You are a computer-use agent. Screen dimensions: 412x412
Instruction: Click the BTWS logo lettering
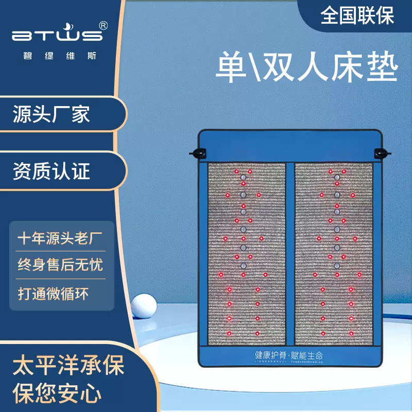coord(57,36)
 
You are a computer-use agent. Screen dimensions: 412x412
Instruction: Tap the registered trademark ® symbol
coord(103,25)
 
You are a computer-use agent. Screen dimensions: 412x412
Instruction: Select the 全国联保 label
coord(357,15)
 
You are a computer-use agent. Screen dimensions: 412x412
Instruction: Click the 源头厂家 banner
coord(51,114)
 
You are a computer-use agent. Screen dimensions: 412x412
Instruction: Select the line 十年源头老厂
coord(60,238)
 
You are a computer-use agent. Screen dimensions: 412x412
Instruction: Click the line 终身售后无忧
coord(60,265)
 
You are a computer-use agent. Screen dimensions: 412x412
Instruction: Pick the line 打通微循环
coord(54,294)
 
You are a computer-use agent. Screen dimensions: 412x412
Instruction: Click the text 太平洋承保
coord(68,367)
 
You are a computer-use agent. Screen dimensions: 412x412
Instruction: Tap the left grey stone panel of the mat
coord(247,255)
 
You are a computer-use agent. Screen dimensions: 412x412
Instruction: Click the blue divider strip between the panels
coord(291,255)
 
